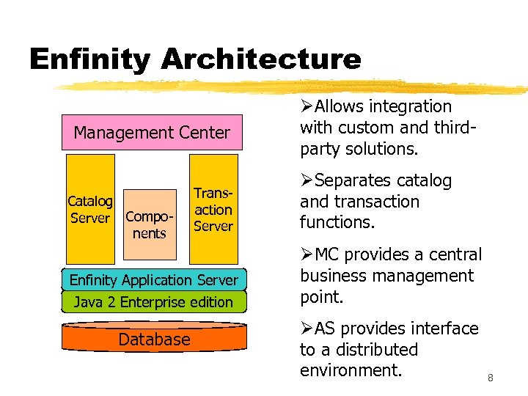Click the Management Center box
point(152,133)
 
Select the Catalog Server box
point(90,209)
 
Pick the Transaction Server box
point(213,209)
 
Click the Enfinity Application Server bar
point(153,280)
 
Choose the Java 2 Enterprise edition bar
point(153,302)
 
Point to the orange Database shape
point(154,340)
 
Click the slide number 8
point(490,378)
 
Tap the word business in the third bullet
point(334,276)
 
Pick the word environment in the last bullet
point(351,370)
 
